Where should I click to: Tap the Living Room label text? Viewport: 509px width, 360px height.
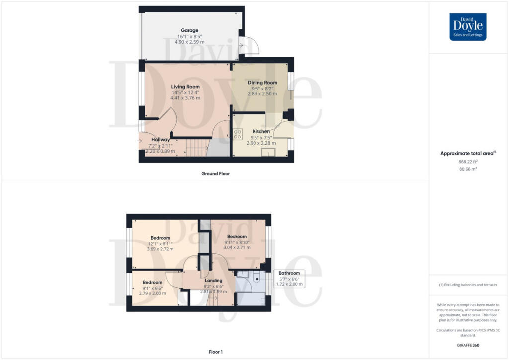(185, 87)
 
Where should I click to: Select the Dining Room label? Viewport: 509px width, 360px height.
(262, 83)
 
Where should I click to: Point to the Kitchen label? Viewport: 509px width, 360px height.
(261, 132)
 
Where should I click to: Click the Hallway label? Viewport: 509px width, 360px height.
(161, 140)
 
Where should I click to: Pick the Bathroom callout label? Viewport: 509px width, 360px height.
(289, 273)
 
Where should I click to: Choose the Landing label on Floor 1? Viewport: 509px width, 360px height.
(213, 281)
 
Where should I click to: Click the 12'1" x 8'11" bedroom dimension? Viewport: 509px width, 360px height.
(160, 244)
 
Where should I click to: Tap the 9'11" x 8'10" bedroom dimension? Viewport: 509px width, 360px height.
(237, 242)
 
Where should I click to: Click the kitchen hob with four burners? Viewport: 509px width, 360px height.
(238, 134)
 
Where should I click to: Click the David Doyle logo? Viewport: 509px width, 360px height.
(468, 27)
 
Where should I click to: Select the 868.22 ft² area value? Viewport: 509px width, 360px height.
(468, 162)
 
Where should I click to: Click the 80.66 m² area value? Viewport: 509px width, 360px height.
(468, 169)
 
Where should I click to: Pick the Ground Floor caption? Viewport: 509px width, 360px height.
(215, 174)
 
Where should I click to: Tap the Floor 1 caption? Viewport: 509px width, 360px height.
(215, 352)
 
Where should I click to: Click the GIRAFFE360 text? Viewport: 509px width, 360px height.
(469, 345)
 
